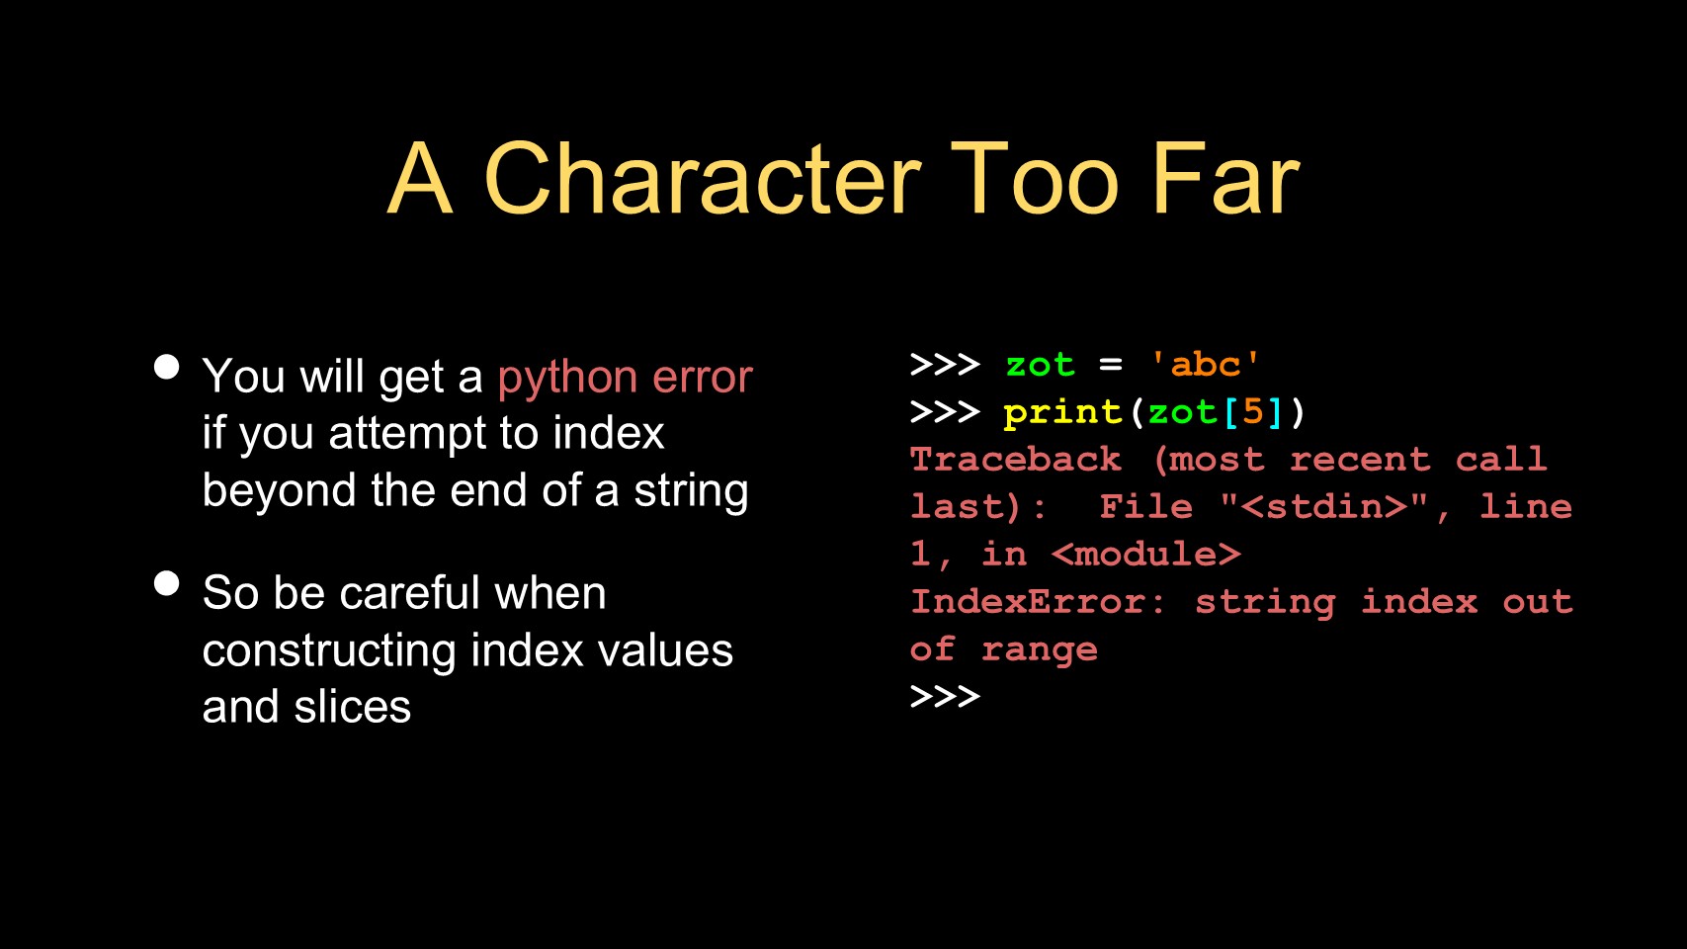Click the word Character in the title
point(703,179)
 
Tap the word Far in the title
point(1225,179)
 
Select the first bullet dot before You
point(166,368)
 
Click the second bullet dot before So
point(166,583)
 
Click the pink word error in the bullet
point(702,377)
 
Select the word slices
point(353,707)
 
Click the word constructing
point(329,651)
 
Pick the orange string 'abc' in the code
point(1205,366)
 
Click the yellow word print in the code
point(1062,413)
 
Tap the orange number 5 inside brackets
point(1252,411)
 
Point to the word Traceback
point(1015,460)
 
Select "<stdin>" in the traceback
point(1323,506)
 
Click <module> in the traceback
point(1145,555)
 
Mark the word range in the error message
point(1040,650)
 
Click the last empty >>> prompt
point(945,696)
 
